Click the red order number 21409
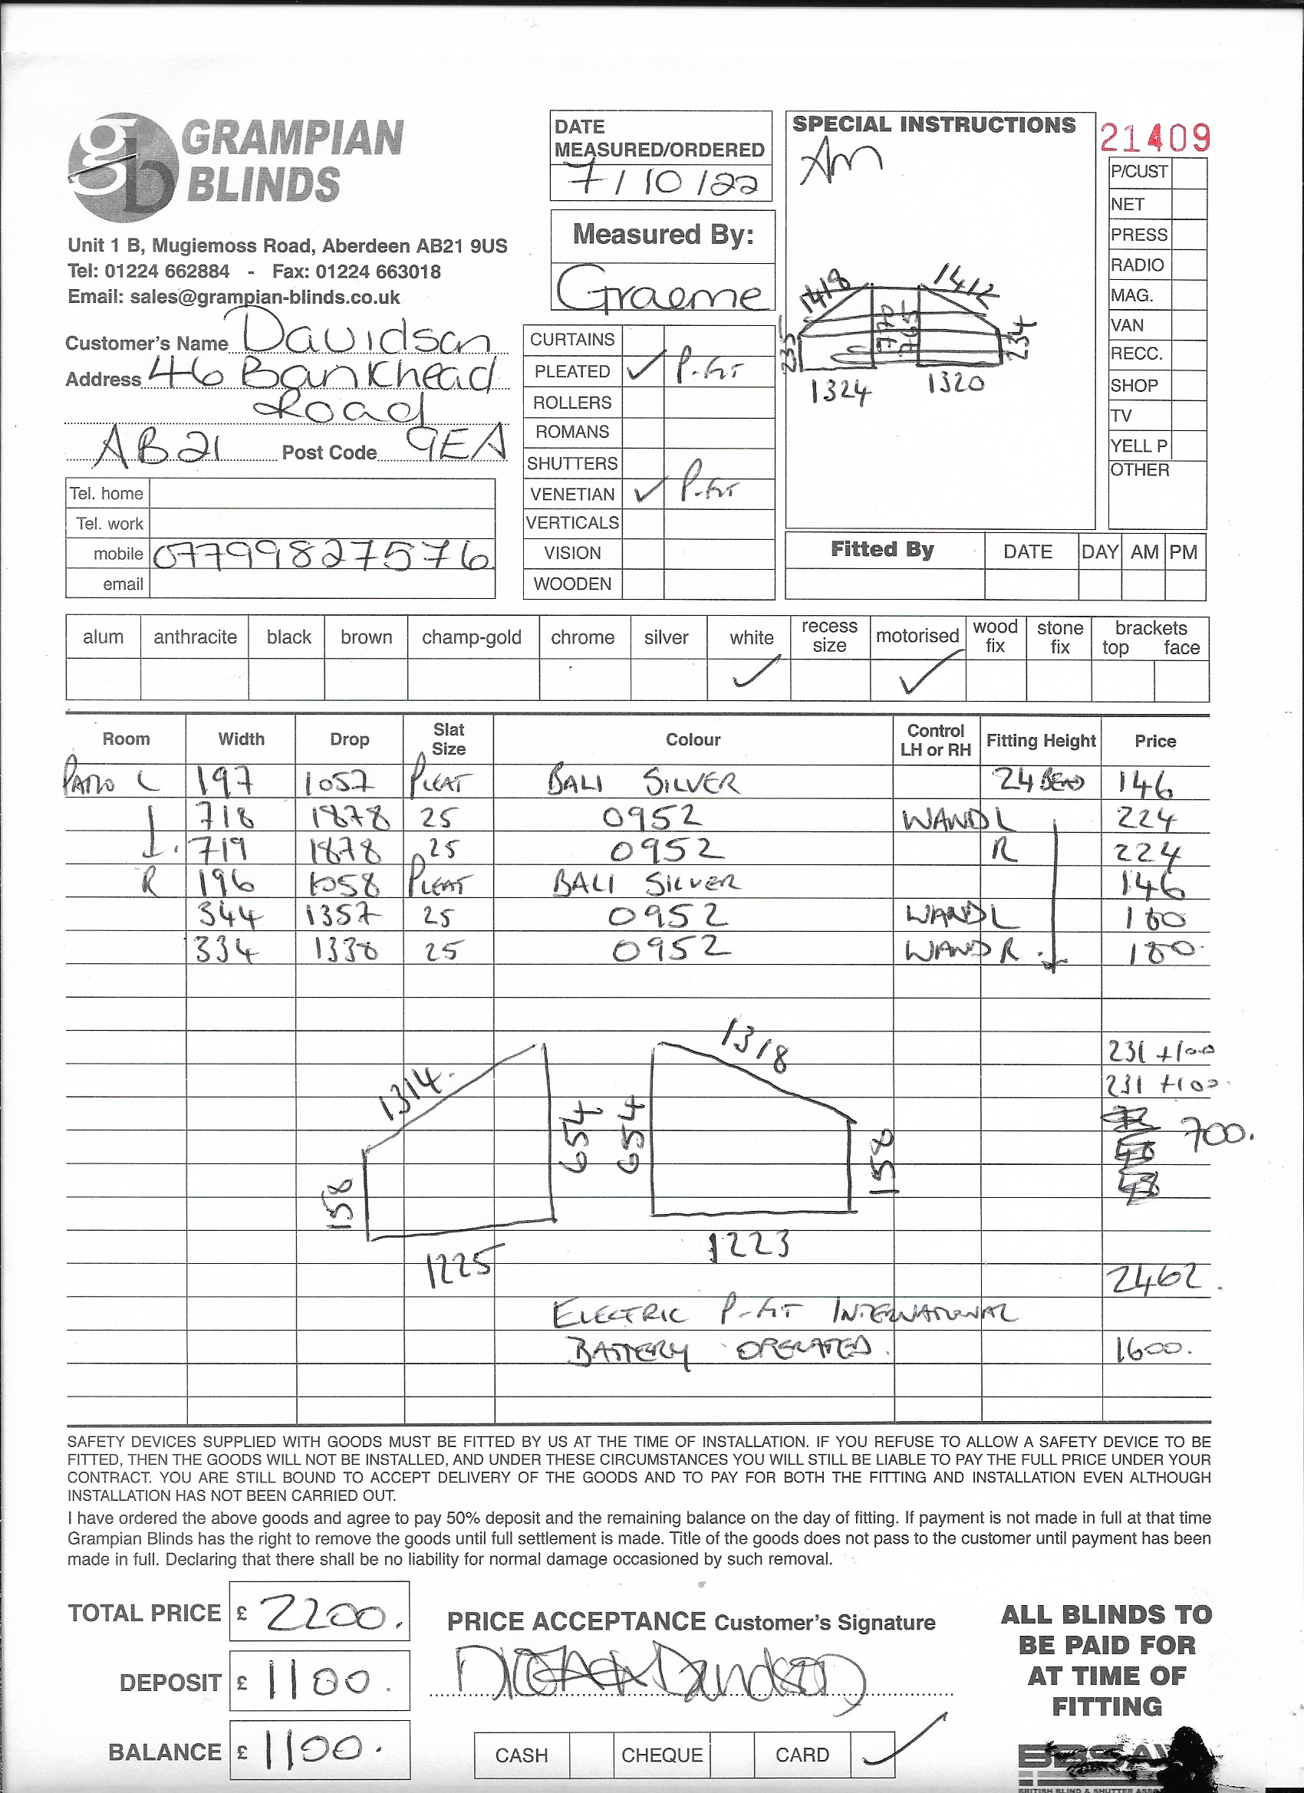coord(1154,139)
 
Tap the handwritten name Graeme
coord(661,292)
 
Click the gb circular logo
coord(123,164)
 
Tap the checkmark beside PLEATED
coord(644,370)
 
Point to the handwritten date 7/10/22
coord(661,181)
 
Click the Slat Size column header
coord(448,739)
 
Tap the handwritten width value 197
coord(224,783)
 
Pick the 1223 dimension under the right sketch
coord(749,1245)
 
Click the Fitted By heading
coord(881,549)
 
